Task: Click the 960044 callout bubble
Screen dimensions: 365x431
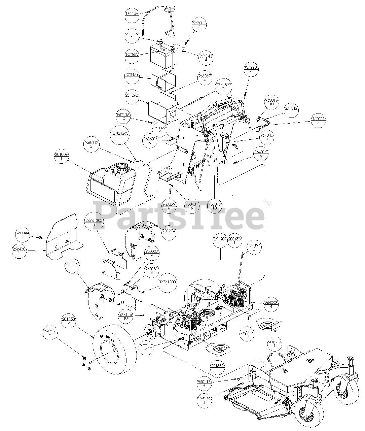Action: [22, 235]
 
